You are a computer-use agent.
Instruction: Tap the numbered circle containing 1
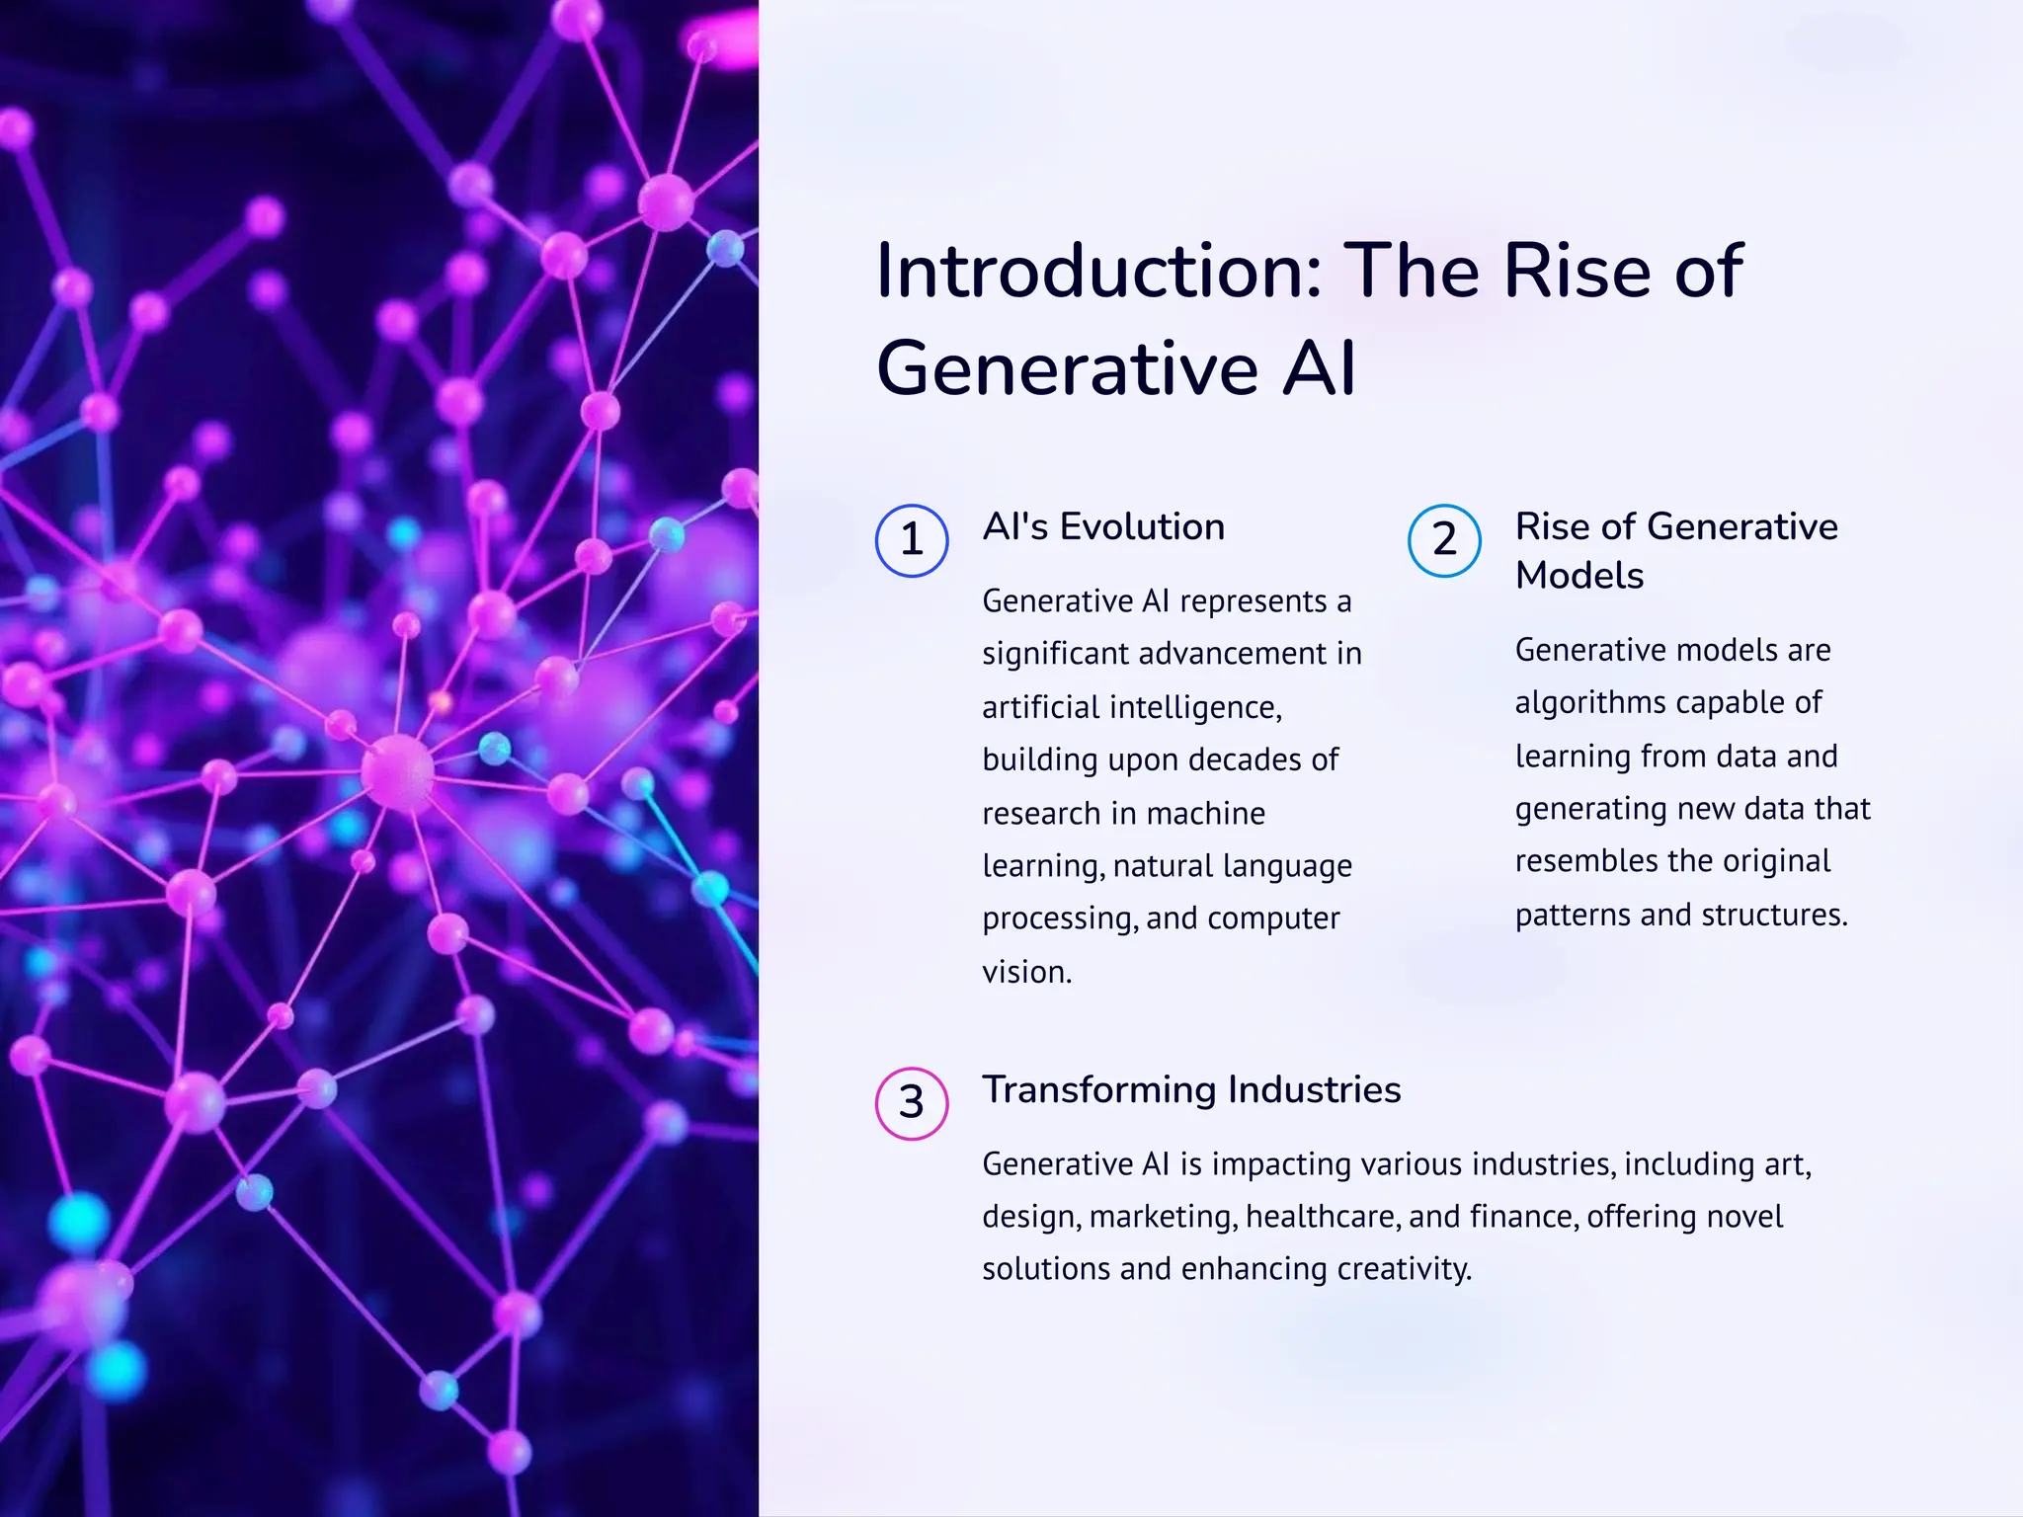912,540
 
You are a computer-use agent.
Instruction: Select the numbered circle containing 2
1444,540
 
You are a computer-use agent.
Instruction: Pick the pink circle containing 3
912,1103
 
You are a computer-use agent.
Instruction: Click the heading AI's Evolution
1103,526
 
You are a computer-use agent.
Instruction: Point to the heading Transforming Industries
1191,1089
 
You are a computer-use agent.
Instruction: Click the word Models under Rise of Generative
1579,576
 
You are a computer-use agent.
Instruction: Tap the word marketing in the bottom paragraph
1162,1217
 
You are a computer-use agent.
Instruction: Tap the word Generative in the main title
1068,369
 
